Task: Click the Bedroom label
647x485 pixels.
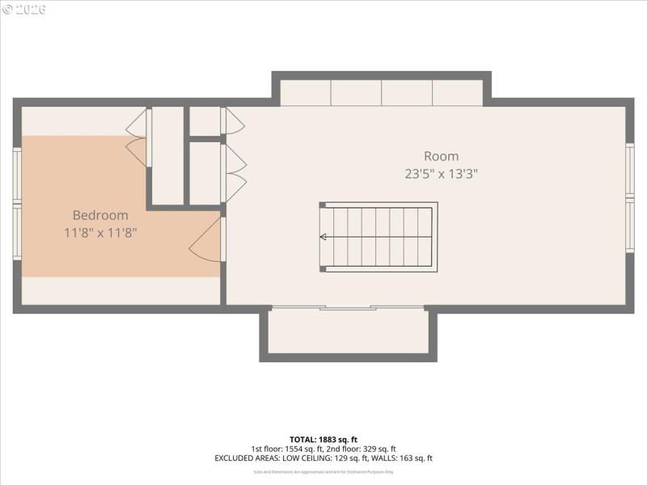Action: coord(100,215)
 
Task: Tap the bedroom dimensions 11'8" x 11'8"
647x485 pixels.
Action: coord(100,233)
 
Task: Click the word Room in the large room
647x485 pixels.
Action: coord(441,156)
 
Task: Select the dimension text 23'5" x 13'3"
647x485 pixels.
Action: coord(441,173)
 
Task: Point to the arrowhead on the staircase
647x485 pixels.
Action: coord(323,237)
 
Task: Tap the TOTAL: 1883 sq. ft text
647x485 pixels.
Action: coord(323,439)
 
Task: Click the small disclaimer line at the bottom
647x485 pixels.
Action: coord(323,471)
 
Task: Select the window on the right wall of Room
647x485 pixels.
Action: coord(630,197)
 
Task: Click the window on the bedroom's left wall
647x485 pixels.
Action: coord(16,202)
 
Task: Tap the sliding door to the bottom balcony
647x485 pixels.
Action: coord(348,308)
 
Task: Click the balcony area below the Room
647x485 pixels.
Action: coord(348,333)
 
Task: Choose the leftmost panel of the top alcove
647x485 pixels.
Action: coord(305,93)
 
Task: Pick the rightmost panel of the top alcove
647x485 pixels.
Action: coord(457,93)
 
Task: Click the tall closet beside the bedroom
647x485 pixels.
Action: coord(168,155)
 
